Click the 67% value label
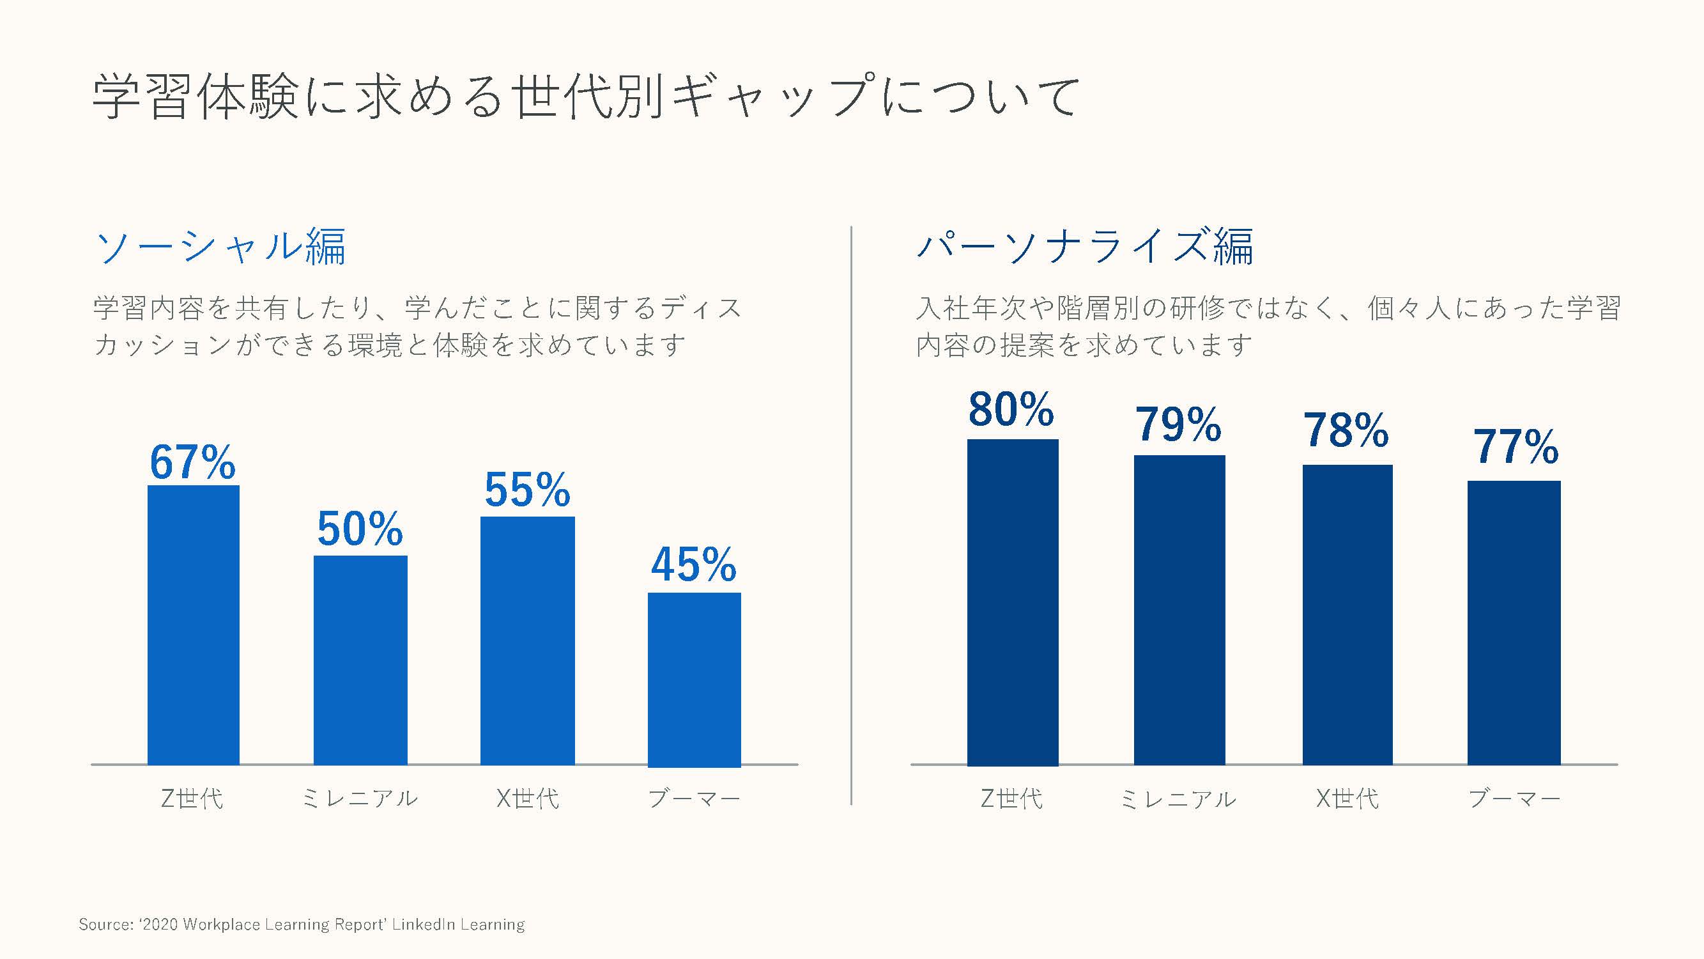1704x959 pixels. [x=192, y=462]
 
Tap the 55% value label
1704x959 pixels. [x=527, y=490]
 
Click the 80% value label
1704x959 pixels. [x=1011, y=410]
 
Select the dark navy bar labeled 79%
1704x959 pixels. [x=1179, y=609]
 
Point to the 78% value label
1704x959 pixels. [x=1346, y=431]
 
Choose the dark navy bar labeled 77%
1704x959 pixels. [x=1514, y=622]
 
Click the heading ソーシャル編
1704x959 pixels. [x=221, y=247]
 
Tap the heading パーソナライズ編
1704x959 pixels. [x=1085, y=247]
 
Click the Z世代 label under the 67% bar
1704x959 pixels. [x=192, y=798]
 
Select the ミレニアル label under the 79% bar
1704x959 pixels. [x=1178, y=799]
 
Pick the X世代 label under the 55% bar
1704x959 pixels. [x=527, y=798]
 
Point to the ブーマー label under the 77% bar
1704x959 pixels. [x=1514, y=799]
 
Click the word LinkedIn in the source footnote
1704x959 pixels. [x=423, y=924]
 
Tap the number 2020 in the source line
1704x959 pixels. [x=160, y=924]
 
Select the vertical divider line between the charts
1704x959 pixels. [x=851, y=516]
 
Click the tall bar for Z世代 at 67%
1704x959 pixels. [x=193, y=625]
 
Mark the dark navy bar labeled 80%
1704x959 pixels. [x=1013, y=602]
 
